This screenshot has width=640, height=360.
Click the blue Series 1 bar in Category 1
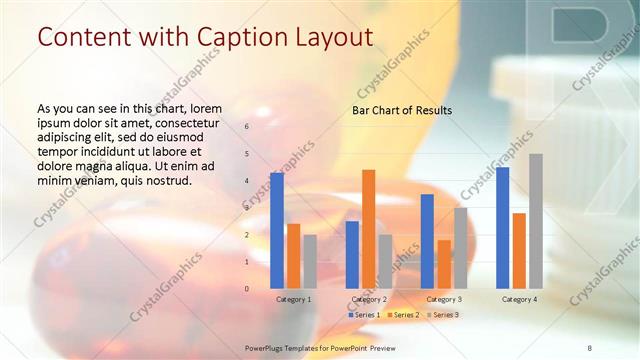point(276,231)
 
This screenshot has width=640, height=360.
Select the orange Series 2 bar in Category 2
point(368,229)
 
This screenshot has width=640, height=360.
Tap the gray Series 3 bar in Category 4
point(536,221)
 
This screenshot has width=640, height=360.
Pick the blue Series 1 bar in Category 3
point(427,241)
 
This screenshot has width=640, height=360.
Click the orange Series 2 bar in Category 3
point(444,264)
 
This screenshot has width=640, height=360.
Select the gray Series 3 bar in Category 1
point(310,262)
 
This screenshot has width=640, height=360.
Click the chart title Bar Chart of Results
point(402,110)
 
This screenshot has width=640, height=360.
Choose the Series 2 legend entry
point(402,315)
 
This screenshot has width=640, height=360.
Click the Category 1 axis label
point(293,299)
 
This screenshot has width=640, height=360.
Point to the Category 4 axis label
point(519,299)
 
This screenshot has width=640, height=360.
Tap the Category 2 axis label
point(369,299)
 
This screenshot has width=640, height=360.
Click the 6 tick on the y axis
point(247,127)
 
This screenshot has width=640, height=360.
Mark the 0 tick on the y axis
point(247,289)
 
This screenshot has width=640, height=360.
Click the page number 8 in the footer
point(589,346)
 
